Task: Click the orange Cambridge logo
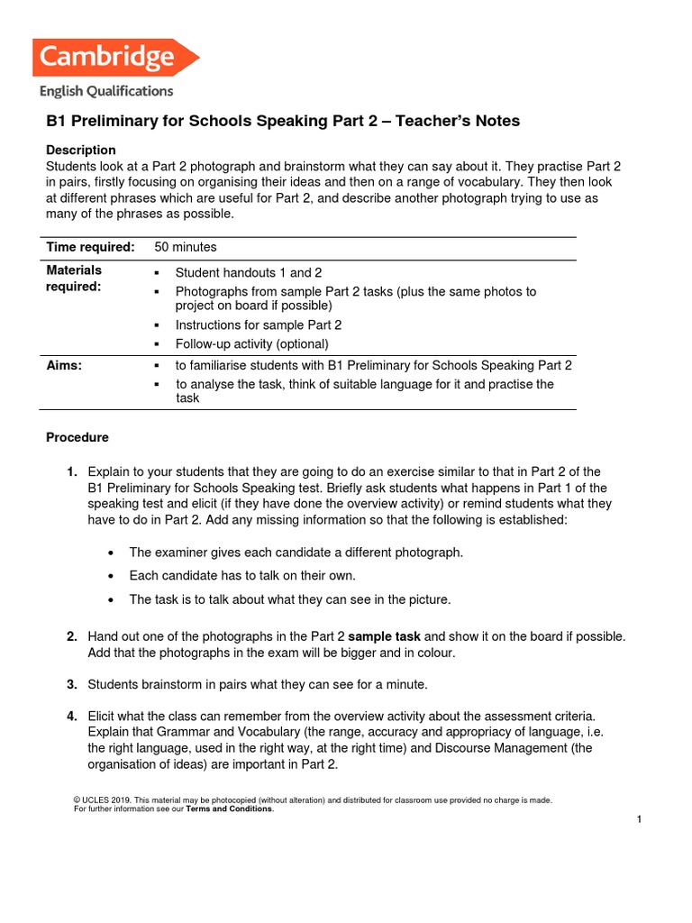tap(114, 59)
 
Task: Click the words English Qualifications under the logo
tap(106, 91)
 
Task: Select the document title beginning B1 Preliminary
tap(283, 121)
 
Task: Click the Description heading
tap(81, 150)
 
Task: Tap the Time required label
tap(90, 247)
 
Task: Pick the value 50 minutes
tap(186, 247)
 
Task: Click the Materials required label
tap(74, 278)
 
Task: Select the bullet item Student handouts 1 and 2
tap(248, 272)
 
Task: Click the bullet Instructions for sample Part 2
tap(258, 324)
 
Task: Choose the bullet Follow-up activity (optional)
tap(251, 343)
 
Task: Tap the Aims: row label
tap(64, 365)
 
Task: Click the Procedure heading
tap(77, 437)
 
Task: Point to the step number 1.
tap(71, 472)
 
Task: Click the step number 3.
tap(71, 684)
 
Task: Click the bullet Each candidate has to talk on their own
tap(242, 575)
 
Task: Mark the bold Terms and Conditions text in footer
tap(228, 809)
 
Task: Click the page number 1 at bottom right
tap(638, 819)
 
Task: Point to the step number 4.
tap(71, 716)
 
